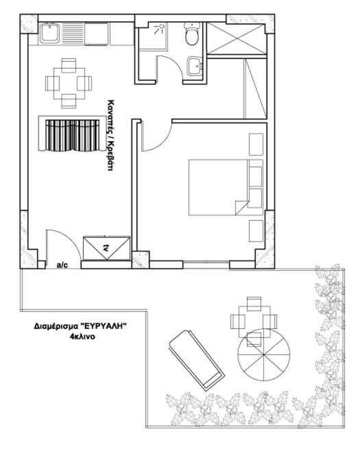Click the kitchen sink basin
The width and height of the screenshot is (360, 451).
pyautogui.click(x=50, y=33)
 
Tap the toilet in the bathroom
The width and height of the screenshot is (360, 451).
pyautogui.click(x=192, y=34)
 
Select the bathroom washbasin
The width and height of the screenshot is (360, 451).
pyautogui.click(x=195, y=66)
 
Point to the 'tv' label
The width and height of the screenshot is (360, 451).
pyautogui.click(x=106, y=247)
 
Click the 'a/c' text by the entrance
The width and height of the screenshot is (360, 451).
pyautogui.click(x=62, y=265)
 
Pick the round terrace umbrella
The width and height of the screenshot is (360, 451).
pyautogui.click(x=263, y=354)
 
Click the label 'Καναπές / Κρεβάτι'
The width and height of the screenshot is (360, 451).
pyautogui.click(x=109, y=135)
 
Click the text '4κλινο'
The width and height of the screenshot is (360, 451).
pyautogui.click(x=82, y=337)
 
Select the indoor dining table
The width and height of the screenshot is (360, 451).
pyautogui.click(x=69, y=84)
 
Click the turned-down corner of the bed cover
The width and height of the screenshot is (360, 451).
pyautogui.click(x=241, y=208)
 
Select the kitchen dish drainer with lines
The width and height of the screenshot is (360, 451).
pyautogui.click(x=73, y=33)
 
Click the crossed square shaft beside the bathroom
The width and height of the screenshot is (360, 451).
pyautogui.click(x=236, y=39)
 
